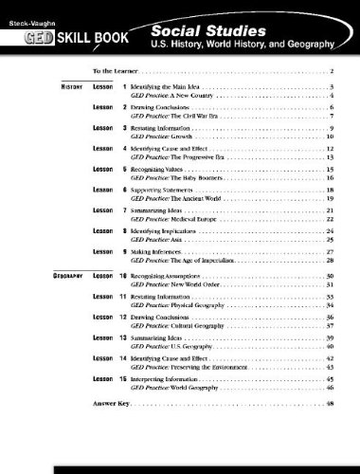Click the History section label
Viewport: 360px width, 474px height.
pyautogui.click(x=61, y=87)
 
